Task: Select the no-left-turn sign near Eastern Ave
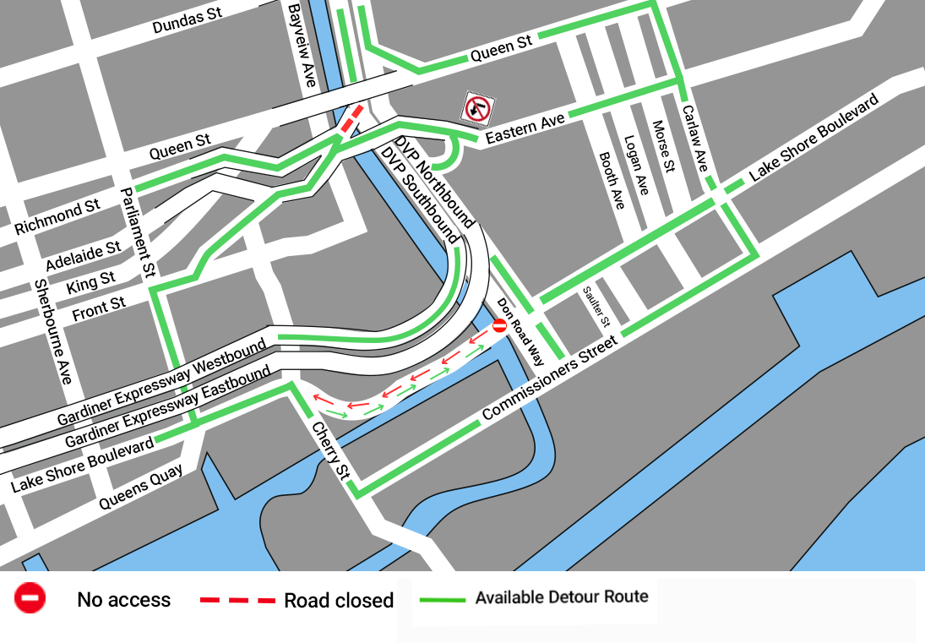tap(478, 108)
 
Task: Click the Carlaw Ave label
tap(696, 139)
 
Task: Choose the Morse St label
tap(665, 146)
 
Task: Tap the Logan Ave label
tap(636, 166)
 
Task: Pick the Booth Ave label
tap(611, 180)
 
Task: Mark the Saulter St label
tap(595, 307)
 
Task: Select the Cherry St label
tap(329, 451)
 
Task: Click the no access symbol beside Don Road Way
tap(499, 325)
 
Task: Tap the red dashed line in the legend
tap(237, 601)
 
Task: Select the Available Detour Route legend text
tap(562, 597)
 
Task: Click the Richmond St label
tap(57, 218)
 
